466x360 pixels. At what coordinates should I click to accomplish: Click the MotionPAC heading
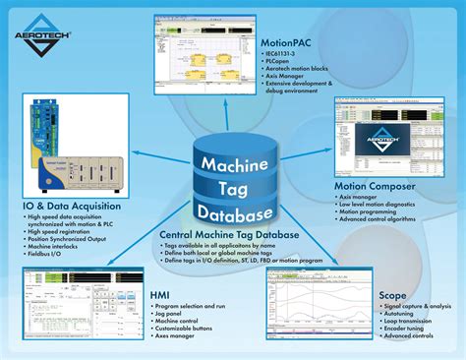(x=294, y=43)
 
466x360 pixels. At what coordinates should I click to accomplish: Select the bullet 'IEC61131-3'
(x=290, y=56)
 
